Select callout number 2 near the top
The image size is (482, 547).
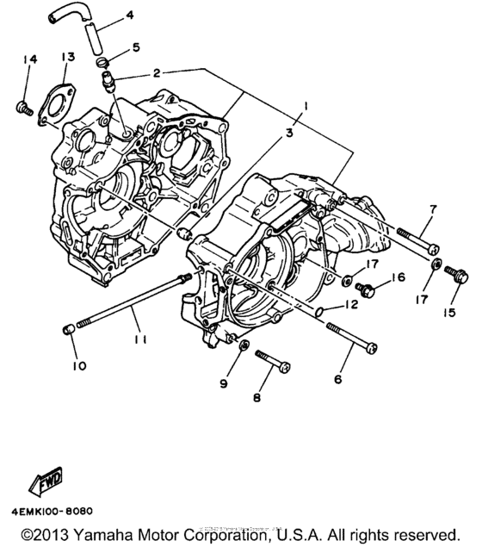157,73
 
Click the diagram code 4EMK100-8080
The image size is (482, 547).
53,509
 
